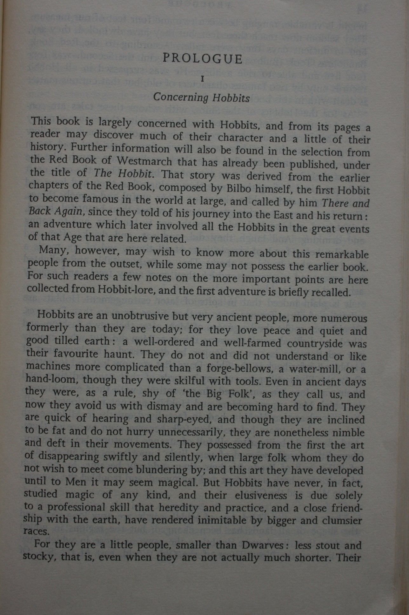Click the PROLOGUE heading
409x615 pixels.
pos(202,59)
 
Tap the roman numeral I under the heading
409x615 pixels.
pos(202,79)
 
